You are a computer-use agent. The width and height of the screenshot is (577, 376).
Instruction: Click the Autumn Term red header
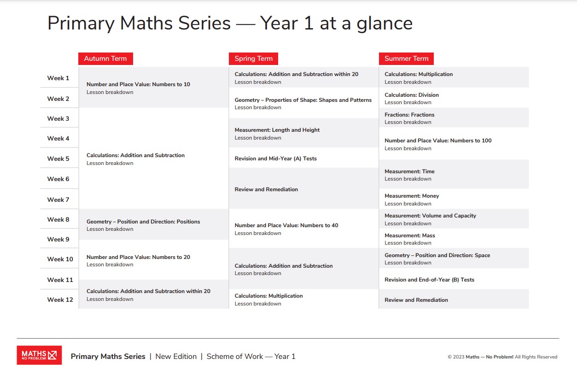105,59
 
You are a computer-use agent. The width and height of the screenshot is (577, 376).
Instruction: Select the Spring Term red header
253,59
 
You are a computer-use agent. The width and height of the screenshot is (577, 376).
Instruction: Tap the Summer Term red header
406,59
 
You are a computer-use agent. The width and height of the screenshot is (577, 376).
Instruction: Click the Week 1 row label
58,78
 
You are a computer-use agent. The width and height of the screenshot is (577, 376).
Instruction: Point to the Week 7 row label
58,200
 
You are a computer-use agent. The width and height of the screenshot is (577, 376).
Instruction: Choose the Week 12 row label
60,300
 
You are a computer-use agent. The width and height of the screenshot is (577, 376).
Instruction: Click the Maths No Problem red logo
39,355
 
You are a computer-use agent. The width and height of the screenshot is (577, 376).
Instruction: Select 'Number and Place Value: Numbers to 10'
138,84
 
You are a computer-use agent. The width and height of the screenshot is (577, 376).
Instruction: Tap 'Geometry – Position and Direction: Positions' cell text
143,222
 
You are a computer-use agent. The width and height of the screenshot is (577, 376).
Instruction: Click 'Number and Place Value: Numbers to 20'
138,257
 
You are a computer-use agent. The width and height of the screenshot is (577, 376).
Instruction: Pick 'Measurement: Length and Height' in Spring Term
277,130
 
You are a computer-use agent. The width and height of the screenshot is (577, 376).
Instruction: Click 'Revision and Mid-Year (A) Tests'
275,159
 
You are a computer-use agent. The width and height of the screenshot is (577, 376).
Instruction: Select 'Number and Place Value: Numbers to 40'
286,225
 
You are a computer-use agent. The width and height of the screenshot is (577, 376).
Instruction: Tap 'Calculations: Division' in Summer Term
411,95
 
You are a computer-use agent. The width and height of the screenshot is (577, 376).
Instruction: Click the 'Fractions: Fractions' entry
409,115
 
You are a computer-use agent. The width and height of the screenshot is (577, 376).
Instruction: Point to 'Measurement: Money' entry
412,196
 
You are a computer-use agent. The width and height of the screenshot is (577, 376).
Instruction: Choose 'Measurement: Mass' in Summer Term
409,235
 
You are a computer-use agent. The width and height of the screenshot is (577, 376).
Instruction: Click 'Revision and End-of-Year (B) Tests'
429,280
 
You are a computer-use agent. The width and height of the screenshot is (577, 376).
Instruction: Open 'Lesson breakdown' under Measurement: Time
408,179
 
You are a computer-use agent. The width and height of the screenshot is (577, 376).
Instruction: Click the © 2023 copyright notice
502,357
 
